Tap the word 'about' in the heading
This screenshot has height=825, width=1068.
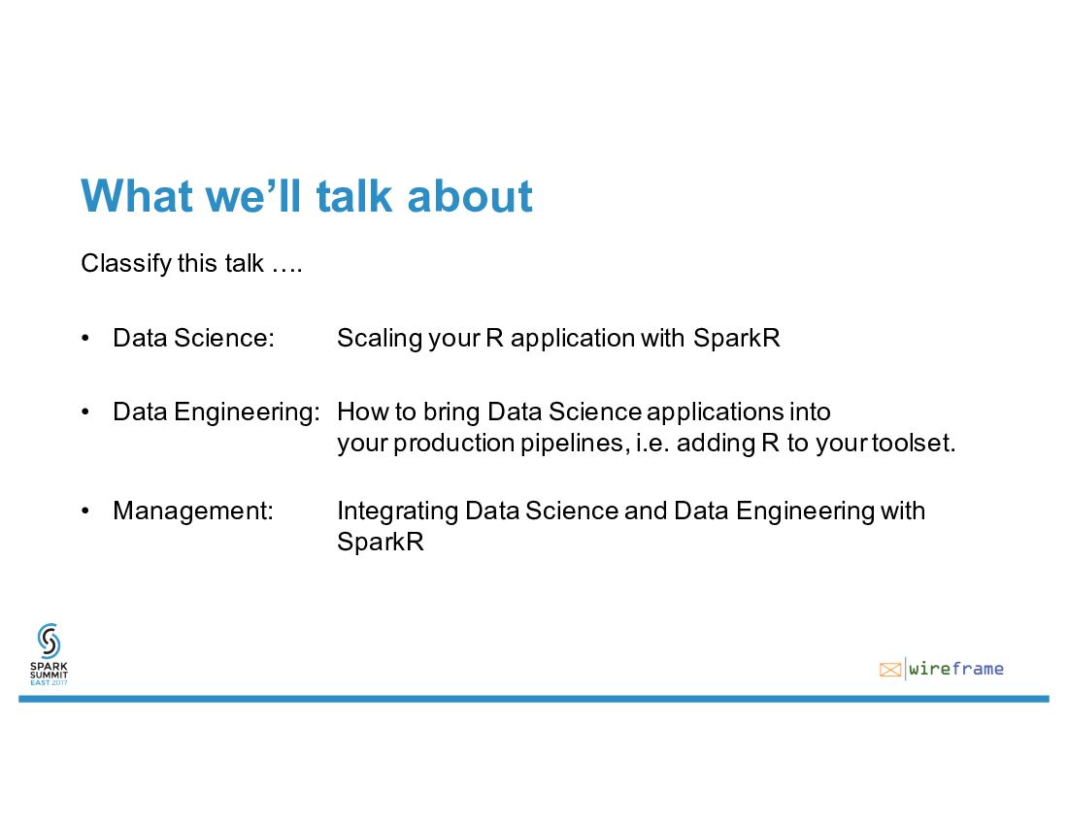click(469, 196)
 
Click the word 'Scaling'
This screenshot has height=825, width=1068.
click(376, 339)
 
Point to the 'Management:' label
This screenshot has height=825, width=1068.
click(193, 511)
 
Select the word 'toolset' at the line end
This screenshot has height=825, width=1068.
click(914, 444)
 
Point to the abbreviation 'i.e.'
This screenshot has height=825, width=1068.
click(652, 444)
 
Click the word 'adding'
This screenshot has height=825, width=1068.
click(716, 444)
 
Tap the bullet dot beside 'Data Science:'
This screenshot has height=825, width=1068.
click(85, 339)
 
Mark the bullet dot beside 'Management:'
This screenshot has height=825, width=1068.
click(85, 511)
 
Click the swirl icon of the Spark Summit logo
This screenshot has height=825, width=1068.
click(50, 641)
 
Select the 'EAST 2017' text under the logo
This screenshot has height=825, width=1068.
click(50, 682)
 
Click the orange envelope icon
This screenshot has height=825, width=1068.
click(890, 670)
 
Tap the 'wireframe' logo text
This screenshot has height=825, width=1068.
click(956, 669)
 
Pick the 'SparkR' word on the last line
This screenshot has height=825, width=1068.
click(381, 542)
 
